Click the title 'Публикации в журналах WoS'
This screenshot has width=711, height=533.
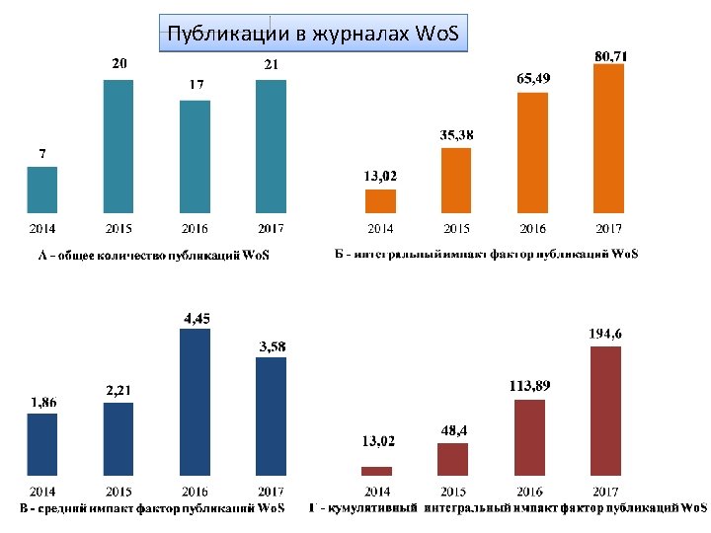313,34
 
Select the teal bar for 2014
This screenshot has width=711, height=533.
42,190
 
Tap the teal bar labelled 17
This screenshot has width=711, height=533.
195,157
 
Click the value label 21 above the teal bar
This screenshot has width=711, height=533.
272,64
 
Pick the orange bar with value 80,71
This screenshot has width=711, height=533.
608,139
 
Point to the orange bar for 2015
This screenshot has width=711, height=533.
456,181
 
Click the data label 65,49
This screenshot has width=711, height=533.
533,78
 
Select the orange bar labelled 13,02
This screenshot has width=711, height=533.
380,201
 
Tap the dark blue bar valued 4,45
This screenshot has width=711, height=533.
195,402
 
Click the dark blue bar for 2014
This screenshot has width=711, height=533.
42,444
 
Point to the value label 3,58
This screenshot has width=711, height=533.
273,346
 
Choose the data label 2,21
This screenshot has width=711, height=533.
118,390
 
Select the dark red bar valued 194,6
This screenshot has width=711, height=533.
605,411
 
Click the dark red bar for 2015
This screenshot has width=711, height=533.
452,460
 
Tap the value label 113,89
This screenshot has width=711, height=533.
529,386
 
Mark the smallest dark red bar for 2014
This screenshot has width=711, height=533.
377,472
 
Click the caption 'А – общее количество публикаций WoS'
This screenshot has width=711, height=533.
154,256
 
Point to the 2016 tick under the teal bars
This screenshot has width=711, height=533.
195,228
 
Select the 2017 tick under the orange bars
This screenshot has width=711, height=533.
608,228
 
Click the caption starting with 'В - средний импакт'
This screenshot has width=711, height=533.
152,508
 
